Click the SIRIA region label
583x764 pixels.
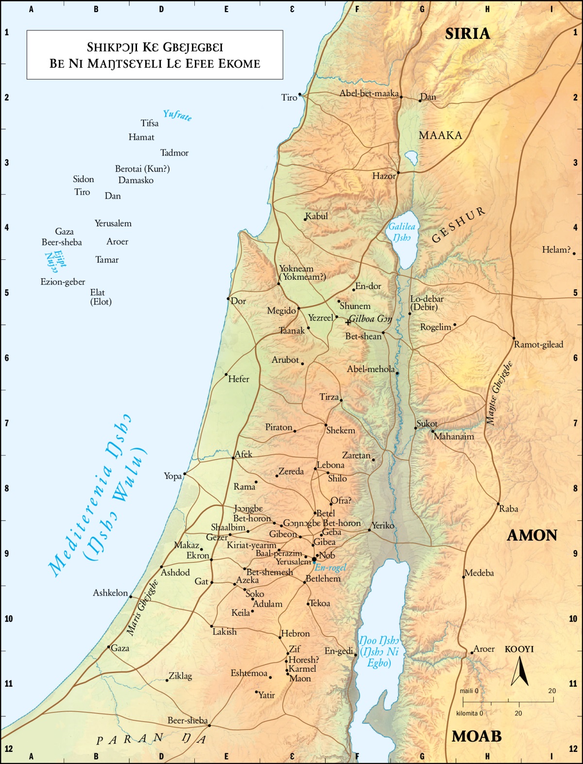tap(467, 34)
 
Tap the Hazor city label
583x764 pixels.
tap(384, 176)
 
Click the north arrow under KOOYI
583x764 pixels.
tap(519, 671)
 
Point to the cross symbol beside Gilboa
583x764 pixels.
tap(348, 322)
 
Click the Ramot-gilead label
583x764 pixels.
tap(539, 344)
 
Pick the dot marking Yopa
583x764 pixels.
tap(185, 474)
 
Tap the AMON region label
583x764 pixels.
tap(532, 535)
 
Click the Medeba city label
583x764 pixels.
tap(479, 573)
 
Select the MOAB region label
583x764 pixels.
tap(476, 736)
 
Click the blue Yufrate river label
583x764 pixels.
tap(177, 115)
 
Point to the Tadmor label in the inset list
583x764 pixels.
tap(174, 153)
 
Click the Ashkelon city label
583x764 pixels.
tap(110, 593)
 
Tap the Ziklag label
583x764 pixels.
tap(180, 676)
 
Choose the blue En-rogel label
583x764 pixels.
tap(330, 567)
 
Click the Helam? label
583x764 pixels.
tap(556, 250)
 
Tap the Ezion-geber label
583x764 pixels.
tap(63, 282)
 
